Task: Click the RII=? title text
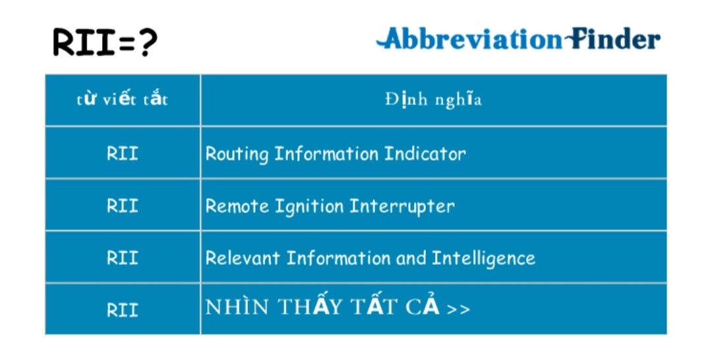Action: click(x=105, y=42)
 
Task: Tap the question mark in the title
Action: click(x=148, y=42)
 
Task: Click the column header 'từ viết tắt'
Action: click(x=122, y=99)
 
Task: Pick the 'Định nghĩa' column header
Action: click(x=433, y=99)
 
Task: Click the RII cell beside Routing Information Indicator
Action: click(x=122, y=154)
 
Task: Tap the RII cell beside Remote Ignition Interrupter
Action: click(x=122, y=206)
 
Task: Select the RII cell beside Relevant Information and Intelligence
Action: click(x=122, y=258)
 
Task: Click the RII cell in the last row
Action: click(x=122, y=310)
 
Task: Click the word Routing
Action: click(x=237, y=154)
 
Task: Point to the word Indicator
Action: click(x=425, y=154)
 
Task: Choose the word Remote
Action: click(x=237, y=206)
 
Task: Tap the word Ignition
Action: click(x=309, y=207)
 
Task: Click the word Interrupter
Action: click(x=402, y=207)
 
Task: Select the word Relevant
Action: click(x=243, y=258)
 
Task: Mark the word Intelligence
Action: click(x=483, y=259)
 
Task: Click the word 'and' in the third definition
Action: click(x=411, y=258)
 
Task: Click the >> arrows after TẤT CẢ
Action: click(x=458, y=309)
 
